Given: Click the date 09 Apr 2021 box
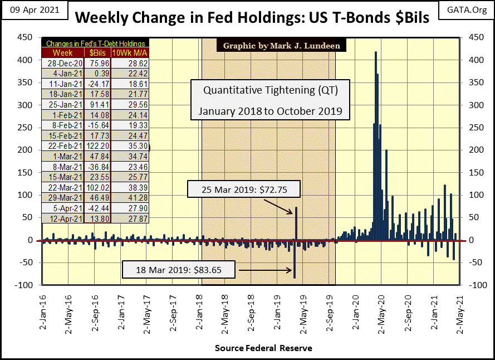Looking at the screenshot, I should tap(32, 10).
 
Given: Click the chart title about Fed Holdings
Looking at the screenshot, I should tap(252, 17).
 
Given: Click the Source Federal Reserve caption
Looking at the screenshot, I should tap(263, 348).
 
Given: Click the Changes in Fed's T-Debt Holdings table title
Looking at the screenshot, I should tap(95, 43).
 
